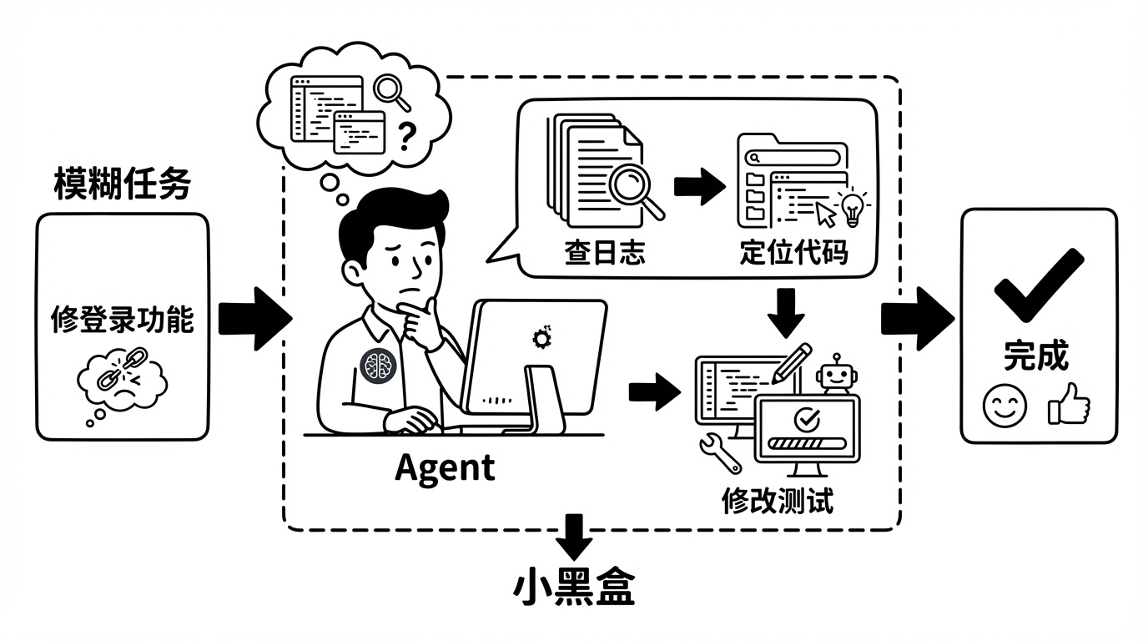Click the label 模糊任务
122,184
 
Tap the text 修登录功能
122,319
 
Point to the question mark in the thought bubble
405,135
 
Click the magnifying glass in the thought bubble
392,91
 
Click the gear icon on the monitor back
541,336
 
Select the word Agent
445,467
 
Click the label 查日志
604,253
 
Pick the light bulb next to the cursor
852,209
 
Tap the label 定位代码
793,253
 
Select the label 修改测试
777,501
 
